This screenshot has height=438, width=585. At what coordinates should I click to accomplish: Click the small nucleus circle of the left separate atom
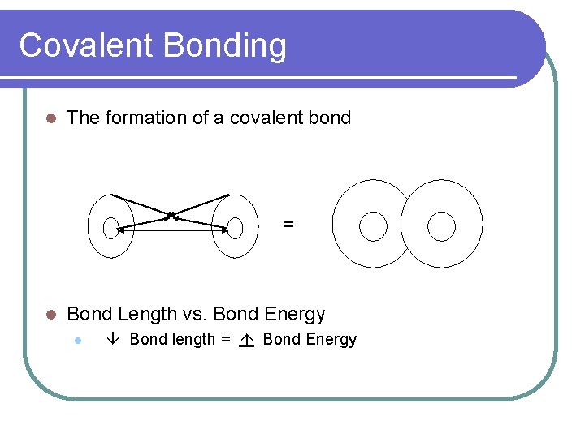click(x=111, y=230)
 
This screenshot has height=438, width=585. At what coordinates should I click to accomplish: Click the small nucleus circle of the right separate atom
click(x=235, y=229)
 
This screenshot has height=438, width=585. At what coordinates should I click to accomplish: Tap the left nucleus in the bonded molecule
click(x=373, y=226)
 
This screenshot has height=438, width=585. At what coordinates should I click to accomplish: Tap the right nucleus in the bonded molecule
click(x=441, y=226)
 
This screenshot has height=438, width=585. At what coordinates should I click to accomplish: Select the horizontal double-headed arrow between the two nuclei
click(x=173, y=231)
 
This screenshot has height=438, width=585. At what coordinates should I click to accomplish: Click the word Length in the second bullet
click(x=147, y=314)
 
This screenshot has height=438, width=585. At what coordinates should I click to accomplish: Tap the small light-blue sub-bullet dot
click(x=78, y=341)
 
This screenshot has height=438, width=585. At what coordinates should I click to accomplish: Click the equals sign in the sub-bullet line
click(x=225, y=340)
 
